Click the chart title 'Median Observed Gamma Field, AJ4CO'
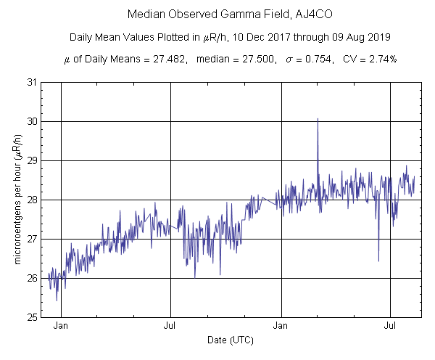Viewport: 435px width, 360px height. click(x=217, y=15)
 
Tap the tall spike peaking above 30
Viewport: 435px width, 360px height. click(x=318, y=120)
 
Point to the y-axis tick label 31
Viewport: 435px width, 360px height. click(x=33, y=82)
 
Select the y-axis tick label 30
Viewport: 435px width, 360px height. click(x=33, y=121)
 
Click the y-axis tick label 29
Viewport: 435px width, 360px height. click(x=33, y=160)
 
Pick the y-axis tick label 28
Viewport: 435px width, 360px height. click(x=33, y=200)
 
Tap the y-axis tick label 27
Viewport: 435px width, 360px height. click(x=33, y=239)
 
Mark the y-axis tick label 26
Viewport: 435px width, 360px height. click(x=33, y=278)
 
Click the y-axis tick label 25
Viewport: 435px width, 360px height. click(x=33, y=317)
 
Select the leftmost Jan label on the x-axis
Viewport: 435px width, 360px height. click(x=61, y=326)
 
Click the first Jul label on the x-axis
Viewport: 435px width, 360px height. click(x=170, y=326)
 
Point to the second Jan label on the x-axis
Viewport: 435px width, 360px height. click(x=281, y=326)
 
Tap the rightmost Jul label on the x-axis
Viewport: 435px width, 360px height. click(x=391, y=326)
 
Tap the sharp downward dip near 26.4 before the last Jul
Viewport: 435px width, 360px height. click(x=378, y=260)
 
